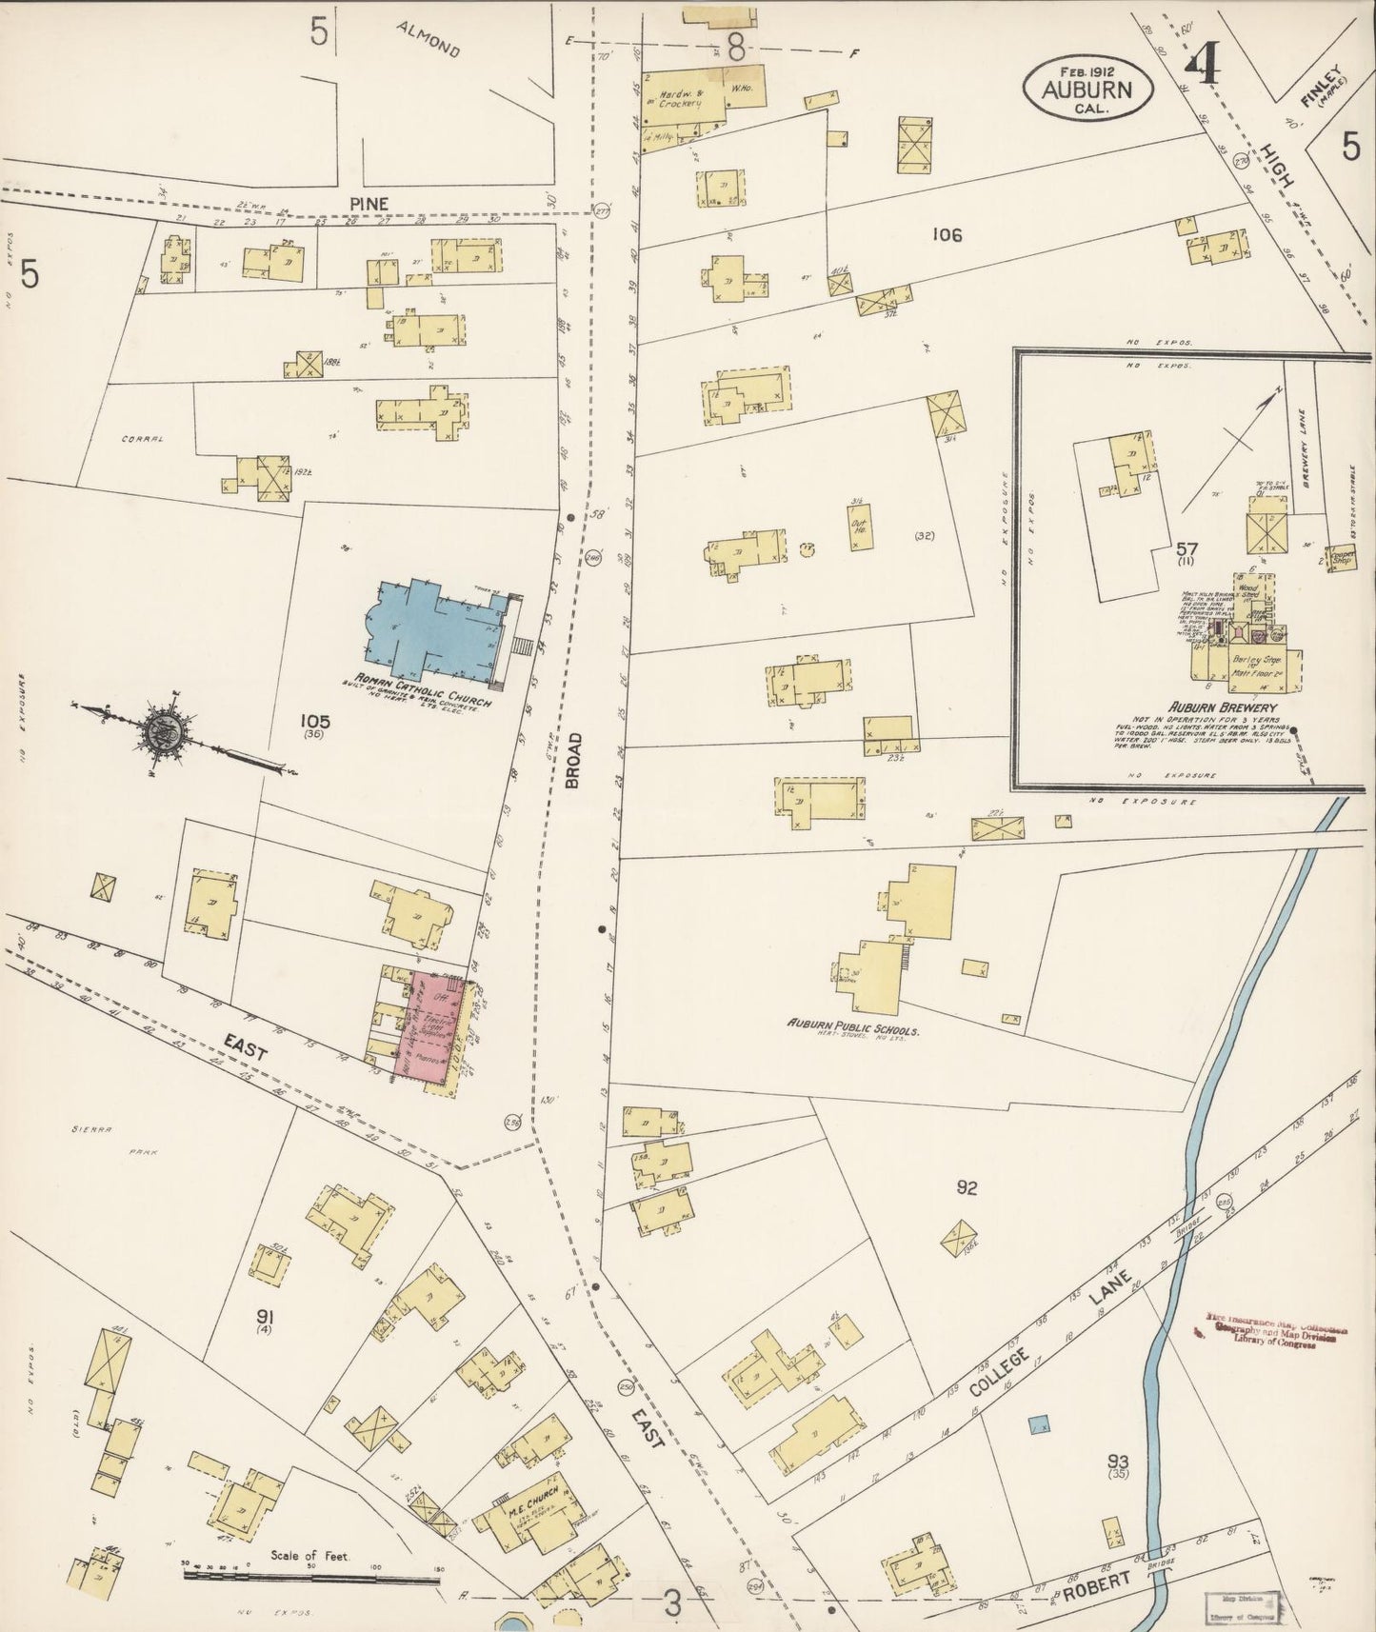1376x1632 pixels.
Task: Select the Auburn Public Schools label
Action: [x=853, y=1029]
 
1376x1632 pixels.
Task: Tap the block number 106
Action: [x=947, y=234]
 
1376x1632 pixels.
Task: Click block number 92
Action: [x=967, y=1186]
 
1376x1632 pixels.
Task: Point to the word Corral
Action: [x=143, y=439]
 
